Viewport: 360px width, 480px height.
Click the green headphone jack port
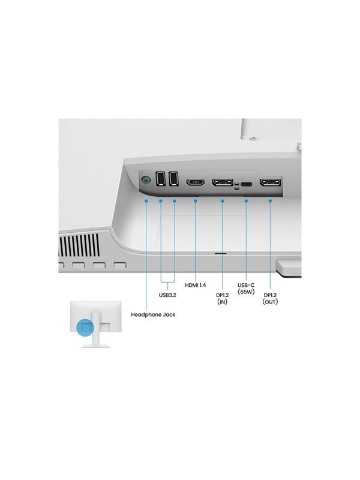(146, 180)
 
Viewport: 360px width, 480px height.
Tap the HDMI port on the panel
(196, 182)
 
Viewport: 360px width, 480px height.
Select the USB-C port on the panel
(247, 184)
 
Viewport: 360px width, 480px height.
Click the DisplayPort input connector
(222, 182)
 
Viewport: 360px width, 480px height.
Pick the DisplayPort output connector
(270, 182)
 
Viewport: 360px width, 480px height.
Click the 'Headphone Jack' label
(153, 314)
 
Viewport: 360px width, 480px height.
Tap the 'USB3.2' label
(167, 295)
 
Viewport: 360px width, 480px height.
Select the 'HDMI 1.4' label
(196, 286)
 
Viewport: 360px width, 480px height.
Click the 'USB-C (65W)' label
(246, 289)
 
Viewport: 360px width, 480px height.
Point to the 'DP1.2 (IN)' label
(222, 298)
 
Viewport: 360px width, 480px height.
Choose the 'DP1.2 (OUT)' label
(270, 298)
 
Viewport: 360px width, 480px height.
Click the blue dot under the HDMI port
(196, 201)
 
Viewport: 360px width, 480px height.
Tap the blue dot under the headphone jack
(146, 201)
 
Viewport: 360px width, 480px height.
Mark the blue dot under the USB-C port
(247, 201)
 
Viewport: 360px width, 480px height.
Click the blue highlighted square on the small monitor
(85, 327)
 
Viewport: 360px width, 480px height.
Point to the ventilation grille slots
(79, 245)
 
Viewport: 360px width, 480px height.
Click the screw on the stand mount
(253, 139)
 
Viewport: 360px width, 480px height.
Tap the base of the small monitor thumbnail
(96, 346)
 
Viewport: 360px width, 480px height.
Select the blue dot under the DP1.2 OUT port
(270, 201)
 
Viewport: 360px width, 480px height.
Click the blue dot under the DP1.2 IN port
(222, 201)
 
